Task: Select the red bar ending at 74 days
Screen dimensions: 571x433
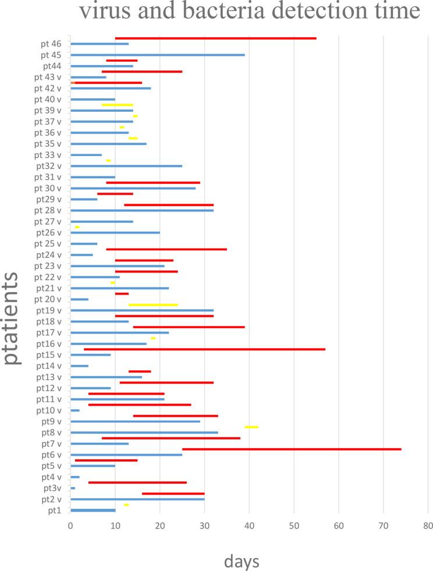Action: tap(291, 449)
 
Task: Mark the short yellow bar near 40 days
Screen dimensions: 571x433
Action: tap(251, 427)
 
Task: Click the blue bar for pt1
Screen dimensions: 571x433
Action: tap(93, 510)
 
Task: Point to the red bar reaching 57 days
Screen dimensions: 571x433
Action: tap(204, 349)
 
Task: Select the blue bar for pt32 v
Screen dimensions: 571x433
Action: tap(126, 166)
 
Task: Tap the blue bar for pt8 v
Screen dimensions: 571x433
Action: tap(144, 432)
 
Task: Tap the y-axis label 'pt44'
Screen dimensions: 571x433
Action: tap(54, 66)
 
